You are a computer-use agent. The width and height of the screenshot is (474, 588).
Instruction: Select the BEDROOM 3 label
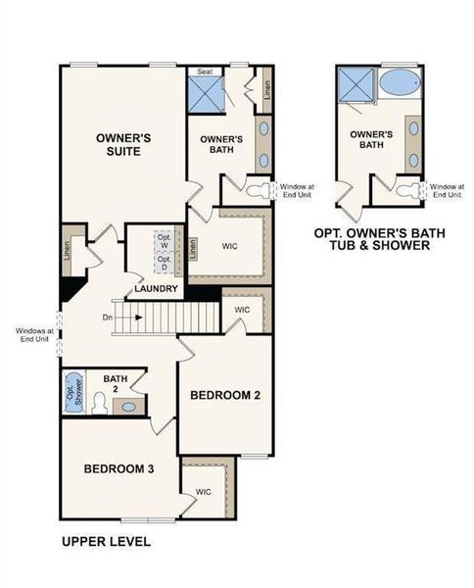[x=118, y=469]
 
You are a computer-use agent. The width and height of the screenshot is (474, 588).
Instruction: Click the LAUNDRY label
[x=157, y=289]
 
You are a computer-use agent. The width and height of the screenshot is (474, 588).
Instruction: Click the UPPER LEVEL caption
[x=106, y=541]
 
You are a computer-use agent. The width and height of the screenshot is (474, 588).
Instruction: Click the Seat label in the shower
[x=206, y=72]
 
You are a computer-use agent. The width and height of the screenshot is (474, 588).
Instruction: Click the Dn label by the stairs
[x=109, y=318]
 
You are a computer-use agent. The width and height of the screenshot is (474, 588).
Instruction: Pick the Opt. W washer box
[x=166, y=243]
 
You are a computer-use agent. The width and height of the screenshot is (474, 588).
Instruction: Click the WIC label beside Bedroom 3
[x=204, y=491]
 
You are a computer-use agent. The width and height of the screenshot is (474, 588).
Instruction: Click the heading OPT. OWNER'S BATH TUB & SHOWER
[x=371, y=240]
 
